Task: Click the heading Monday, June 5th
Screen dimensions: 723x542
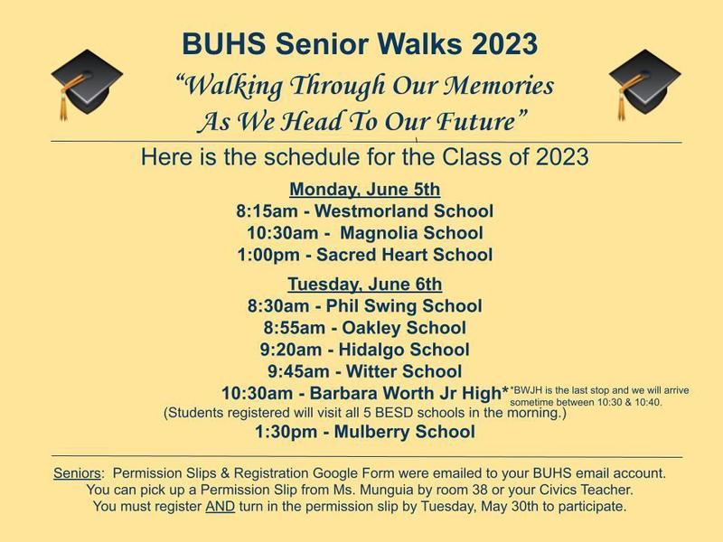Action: (365, 190)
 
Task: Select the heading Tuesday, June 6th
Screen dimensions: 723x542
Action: (365, 284)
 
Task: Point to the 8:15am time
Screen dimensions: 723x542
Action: (267, 211)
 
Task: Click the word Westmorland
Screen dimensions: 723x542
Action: (371, 211)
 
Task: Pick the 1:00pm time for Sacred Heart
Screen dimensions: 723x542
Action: (268, 255)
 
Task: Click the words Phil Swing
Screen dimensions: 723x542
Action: (371, 306)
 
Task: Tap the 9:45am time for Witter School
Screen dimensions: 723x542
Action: (298, 371)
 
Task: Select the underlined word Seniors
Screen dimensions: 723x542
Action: (77, 473)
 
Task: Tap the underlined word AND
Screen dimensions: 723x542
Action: (220, 507)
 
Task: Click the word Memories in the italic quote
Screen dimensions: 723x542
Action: (499, 85)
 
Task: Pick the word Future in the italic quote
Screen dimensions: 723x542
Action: (475, 121)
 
